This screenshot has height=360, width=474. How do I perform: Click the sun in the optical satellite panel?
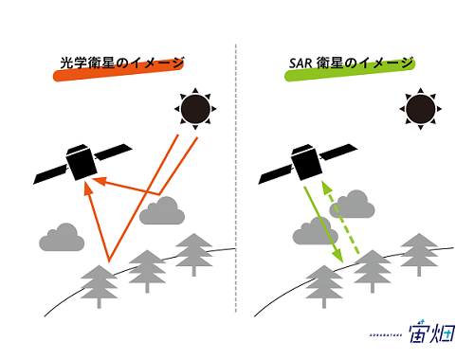coord(195,109)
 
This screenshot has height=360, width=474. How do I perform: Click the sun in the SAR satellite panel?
coord(420,109)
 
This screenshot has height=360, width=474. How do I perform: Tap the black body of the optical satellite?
coord(82,163)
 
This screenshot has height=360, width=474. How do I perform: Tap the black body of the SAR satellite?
coord(306,163)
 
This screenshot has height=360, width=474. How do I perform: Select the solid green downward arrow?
coord(323,225)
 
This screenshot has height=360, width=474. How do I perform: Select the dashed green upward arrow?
coord(340,217)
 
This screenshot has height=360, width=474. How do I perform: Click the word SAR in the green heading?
coord(301,63)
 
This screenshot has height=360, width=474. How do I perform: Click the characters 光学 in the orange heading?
coord(73,63)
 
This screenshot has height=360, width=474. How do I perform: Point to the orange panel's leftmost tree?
coord(100,286)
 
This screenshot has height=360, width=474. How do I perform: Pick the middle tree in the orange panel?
coord(147,271)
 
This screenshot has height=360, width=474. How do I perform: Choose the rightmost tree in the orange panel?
coord(194,255)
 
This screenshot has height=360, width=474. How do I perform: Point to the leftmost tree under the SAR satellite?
coord(324,286)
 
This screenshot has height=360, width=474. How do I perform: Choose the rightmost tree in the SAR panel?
coord(419,255)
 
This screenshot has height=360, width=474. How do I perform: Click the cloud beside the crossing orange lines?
coord(162,210)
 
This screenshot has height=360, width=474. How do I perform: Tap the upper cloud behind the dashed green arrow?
coord(352,204)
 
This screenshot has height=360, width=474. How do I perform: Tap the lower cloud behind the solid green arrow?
coord(316,231)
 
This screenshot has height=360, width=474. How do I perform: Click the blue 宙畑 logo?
coord(431,333)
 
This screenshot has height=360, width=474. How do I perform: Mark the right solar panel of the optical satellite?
coord(113,152)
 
